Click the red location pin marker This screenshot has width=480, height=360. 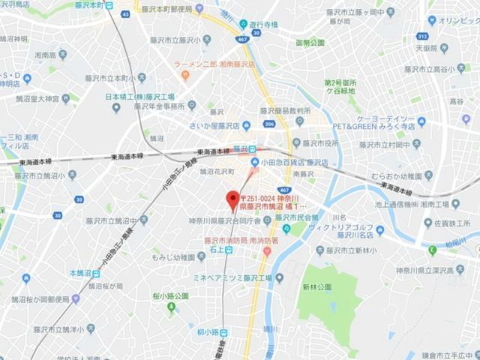[230, 199]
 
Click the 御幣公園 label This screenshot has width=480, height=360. [310, 44]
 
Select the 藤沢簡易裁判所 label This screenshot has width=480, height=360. [280, 109]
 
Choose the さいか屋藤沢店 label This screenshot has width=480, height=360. [196, 126]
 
